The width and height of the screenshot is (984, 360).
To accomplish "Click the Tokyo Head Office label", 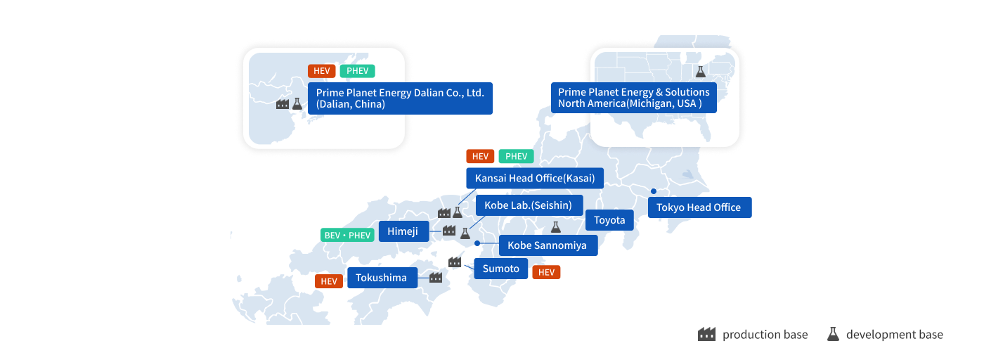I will click(699, 207).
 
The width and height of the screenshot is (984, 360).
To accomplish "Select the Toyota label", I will click(609, 220).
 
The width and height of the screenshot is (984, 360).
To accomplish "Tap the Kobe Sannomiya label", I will click(548, 245).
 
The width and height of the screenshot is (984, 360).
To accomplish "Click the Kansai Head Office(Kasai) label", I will click(534, 179).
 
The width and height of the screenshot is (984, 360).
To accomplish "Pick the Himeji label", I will click(403, 231).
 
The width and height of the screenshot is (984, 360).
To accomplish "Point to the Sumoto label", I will click(500, 269).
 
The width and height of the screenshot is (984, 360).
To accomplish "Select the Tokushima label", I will click(382, 278).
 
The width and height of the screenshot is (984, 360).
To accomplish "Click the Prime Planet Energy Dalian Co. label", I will click(400, 98).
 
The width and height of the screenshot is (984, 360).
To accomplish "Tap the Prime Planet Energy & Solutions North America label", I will click(633, 98).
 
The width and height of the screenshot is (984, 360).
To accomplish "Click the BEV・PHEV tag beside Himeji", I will click(347, 235).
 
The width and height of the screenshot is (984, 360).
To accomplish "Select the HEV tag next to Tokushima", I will click(329, 281).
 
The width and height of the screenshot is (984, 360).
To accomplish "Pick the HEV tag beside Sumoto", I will click(546, 272).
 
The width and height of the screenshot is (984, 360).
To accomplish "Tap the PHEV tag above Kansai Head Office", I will click(516, 156).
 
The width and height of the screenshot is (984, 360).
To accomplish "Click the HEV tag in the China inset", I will click(321, 71).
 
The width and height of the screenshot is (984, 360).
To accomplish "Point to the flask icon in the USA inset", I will click(700, 71).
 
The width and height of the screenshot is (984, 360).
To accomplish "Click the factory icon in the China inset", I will click(283, 104).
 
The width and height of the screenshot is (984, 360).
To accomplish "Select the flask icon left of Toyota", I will click(555, 226).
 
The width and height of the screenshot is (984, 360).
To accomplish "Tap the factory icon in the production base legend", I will click(706, 335).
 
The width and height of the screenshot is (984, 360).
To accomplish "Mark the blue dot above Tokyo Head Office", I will click(653, 191).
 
